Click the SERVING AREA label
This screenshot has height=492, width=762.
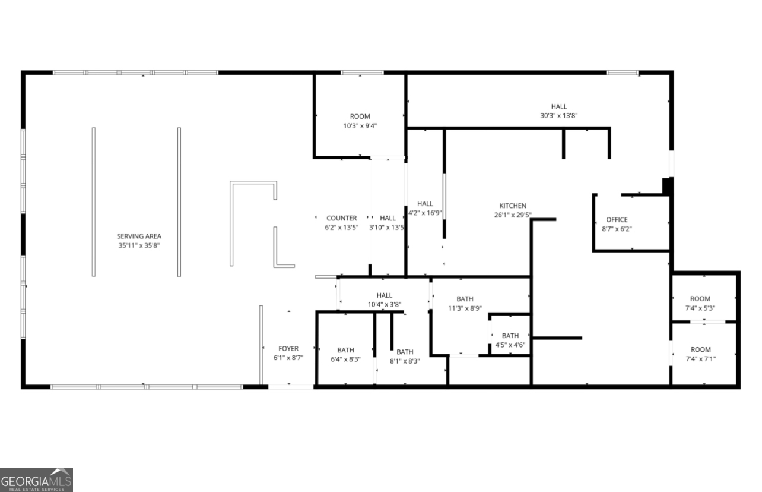coord(139,236)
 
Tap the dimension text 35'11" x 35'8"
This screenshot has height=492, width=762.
coord(139,245)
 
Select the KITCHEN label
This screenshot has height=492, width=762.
coord(513,206)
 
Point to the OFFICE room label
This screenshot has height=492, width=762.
coord(617,220)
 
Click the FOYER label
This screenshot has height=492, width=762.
coord(288,349)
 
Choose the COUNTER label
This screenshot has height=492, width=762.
coord(342,218)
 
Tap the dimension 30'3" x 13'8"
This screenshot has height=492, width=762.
coord(559,115)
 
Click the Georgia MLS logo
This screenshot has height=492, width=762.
coord(36,480)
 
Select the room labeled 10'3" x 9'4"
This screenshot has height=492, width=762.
coord(360,116)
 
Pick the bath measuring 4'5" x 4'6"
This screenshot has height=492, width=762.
coord(510,336)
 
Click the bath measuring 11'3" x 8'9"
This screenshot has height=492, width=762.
coord(465,299)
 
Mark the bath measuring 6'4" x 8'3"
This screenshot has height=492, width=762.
coord(345,350)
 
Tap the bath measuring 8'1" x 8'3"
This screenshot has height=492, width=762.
coord(405,352)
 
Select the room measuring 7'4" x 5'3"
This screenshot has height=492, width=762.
coord(700,299)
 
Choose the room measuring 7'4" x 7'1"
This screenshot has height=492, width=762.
coord(701,349)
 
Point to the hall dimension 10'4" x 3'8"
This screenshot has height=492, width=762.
coord(385,305)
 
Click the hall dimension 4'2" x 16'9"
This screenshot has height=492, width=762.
coord(425,213)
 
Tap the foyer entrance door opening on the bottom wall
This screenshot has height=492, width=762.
coord(291,387)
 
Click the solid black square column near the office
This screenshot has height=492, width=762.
coord(667,186)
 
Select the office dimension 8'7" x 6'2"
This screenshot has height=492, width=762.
coord(617,229)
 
